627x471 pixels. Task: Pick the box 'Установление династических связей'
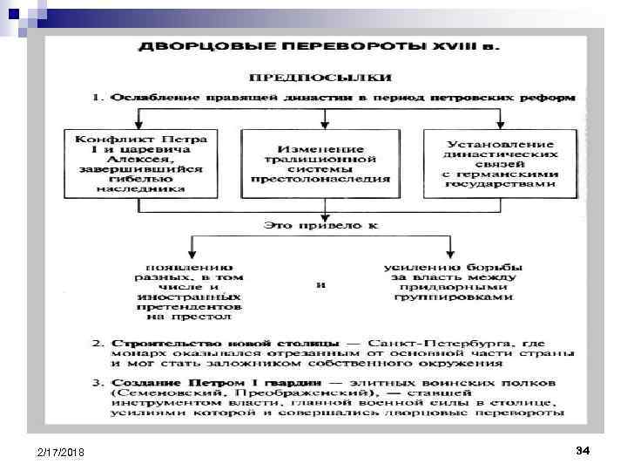[x=499, y=162]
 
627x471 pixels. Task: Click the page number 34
[x=583, y=450]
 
